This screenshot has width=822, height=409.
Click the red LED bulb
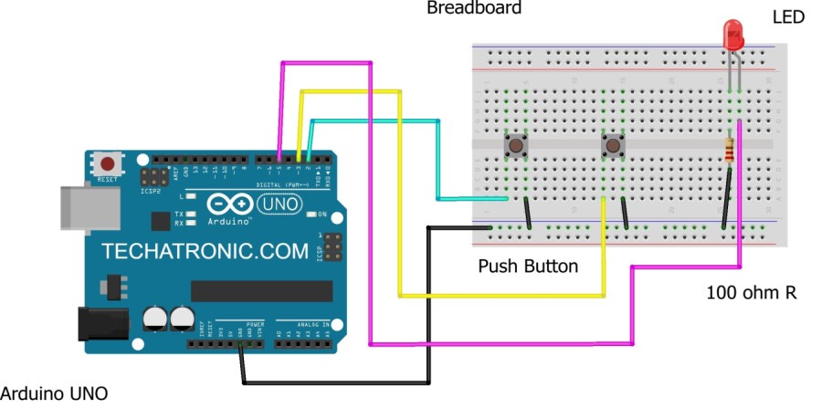click(733, 36)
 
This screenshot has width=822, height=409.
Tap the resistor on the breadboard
click(729, 151)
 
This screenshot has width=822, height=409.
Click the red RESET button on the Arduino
click(109, 164)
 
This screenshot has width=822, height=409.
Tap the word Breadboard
click(474, 8)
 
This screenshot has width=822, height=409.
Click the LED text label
click(788, 17)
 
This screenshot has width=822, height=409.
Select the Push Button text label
click(528, 267)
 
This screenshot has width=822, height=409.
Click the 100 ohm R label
click(752, 293)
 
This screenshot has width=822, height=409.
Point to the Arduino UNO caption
click(54, 394)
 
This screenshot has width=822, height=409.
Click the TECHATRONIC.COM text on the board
click(205, 250)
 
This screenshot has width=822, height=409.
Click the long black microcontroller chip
click(261, 290)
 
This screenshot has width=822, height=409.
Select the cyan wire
click(438, 160)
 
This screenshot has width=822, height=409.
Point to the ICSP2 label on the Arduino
click(150, 192)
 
